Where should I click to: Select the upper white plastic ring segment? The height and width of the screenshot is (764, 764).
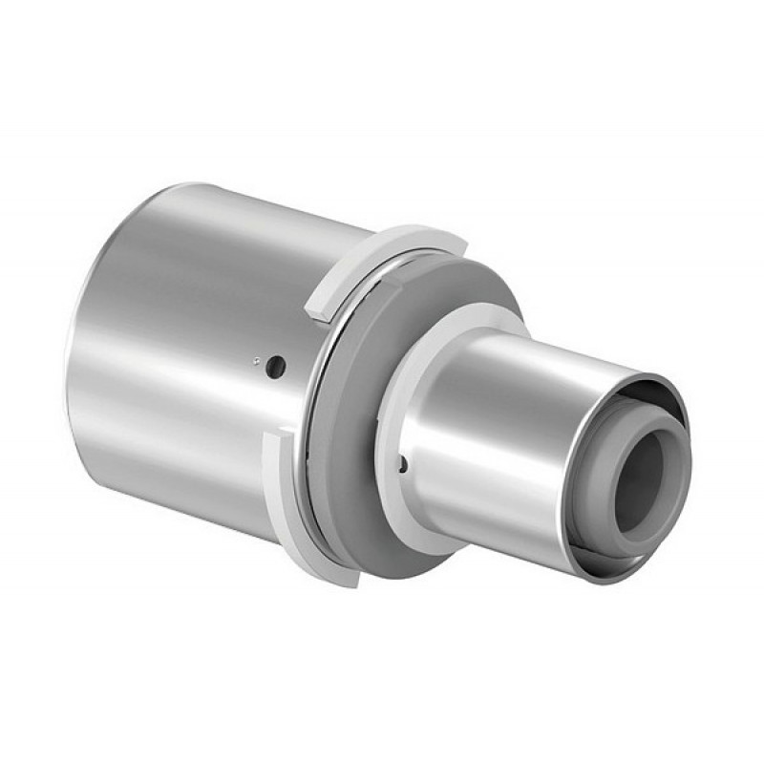point(382,251)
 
